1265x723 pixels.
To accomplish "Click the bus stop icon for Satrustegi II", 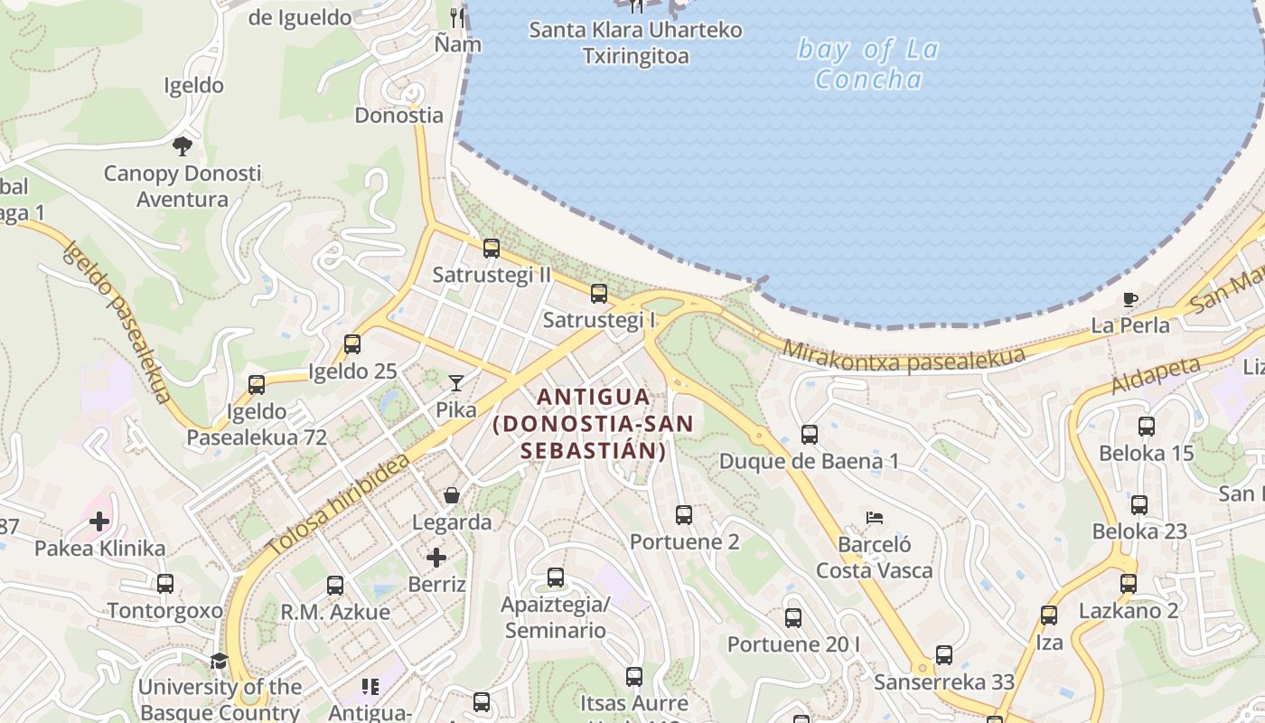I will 492,249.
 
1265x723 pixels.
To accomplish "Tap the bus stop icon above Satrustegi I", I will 599,294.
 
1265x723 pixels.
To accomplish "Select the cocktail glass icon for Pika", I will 456,383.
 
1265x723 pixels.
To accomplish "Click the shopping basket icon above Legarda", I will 452,495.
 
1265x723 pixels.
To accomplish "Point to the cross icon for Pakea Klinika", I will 99,521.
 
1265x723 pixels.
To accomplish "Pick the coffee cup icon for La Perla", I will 1129,299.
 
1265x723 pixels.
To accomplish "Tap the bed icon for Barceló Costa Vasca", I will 874,518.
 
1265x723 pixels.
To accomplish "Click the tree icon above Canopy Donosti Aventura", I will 183,146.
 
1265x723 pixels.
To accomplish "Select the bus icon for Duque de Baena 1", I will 810,435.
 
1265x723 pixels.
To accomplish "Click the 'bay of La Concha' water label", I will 867,64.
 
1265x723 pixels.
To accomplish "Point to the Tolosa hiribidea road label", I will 339,506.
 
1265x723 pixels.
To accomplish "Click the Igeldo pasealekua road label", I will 117,321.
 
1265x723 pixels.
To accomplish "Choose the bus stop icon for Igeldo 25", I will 352,344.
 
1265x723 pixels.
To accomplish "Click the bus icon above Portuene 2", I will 684,515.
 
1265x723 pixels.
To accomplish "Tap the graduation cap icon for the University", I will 219,661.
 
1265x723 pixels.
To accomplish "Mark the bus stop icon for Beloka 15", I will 1147,427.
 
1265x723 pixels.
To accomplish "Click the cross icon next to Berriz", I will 436,557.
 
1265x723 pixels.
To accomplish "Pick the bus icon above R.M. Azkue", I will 335,586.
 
